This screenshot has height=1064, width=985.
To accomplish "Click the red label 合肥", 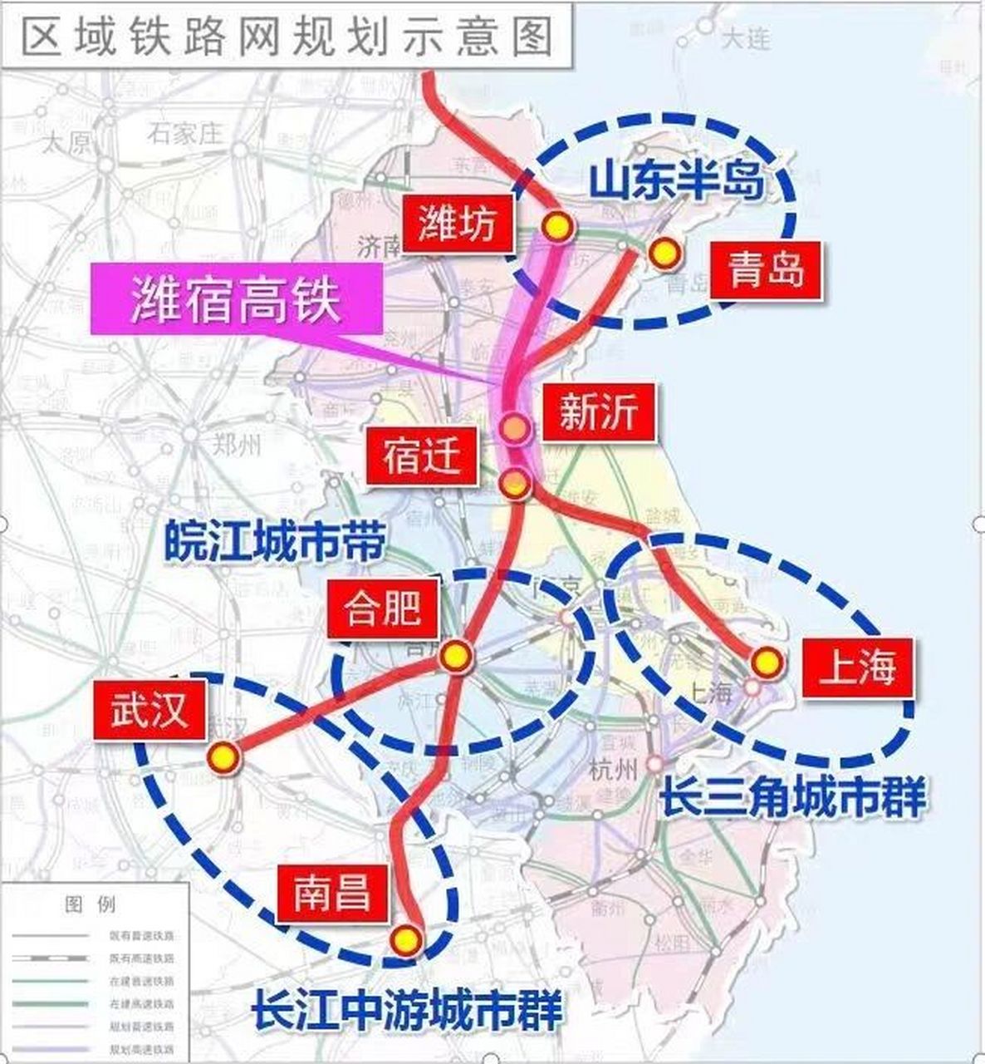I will pos(383,609).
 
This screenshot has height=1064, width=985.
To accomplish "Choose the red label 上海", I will pos(858,668).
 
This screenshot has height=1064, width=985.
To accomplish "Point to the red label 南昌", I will pos(331,894).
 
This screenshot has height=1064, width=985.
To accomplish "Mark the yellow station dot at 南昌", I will pos(406,939).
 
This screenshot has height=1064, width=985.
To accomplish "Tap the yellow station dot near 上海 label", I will pos(766,663).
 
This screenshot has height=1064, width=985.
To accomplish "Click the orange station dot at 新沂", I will pos(516,427).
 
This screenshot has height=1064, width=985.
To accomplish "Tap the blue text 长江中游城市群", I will pos(407,1010).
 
